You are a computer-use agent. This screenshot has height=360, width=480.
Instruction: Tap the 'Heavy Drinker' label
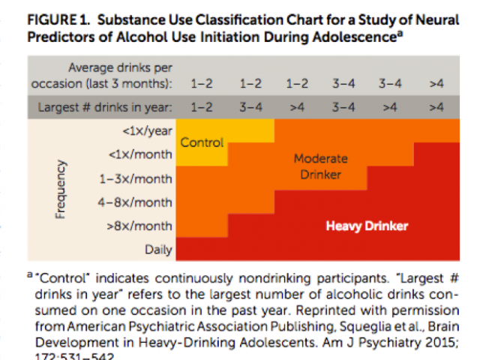367,224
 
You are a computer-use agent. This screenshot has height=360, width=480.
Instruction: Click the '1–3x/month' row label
136,178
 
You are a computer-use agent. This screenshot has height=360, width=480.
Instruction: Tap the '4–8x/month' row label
136,202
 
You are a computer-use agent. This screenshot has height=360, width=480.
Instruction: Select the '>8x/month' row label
139,225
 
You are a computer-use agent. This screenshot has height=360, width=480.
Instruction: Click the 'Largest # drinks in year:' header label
104,106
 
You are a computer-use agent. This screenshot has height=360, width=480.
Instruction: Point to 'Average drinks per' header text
121,68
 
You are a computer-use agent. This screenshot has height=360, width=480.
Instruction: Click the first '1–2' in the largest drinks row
201,106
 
